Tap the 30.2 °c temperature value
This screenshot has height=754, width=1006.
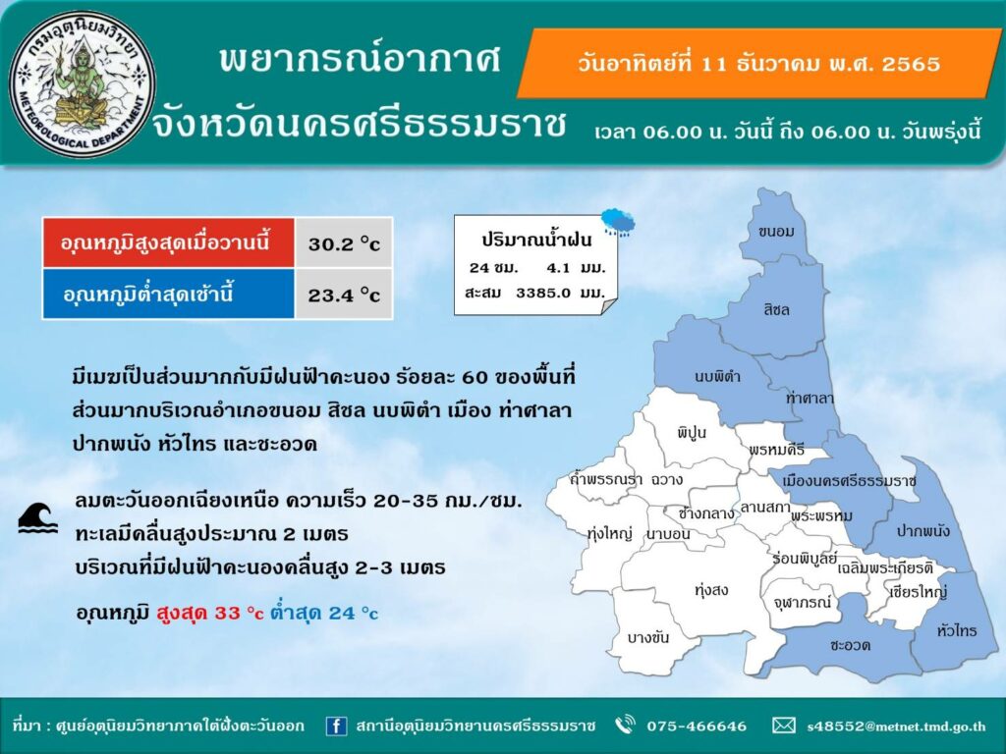point(344,244)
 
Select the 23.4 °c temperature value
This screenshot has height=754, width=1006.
point(344,296)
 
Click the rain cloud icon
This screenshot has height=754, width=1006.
point(619,222)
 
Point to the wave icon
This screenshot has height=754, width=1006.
point(38,518)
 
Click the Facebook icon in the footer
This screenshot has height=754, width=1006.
point(336,726)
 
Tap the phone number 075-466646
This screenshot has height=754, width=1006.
point(697,727)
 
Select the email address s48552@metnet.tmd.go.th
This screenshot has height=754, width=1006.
point(896,727)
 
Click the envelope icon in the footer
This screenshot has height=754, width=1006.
point(783,726)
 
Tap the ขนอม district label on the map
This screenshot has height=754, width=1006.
point(776,232)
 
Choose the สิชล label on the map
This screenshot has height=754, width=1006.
point(776,309)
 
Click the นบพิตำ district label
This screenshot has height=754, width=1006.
point(717,376)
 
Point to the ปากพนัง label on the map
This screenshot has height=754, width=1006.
point(923,531)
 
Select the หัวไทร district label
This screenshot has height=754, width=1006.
point(957,631)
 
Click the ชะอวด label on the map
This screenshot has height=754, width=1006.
point(850,645)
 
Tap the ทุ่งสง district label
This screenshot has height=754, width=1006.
point(711,590)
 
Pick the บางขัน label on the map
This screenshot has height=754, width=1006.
point(648,637)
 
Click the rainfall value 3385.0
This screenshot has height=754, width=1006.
point(543,293)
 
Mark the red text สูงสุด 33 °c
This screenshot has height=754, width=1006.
point(210,613)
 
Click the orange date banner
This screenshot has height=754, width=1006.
point(759,64)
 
